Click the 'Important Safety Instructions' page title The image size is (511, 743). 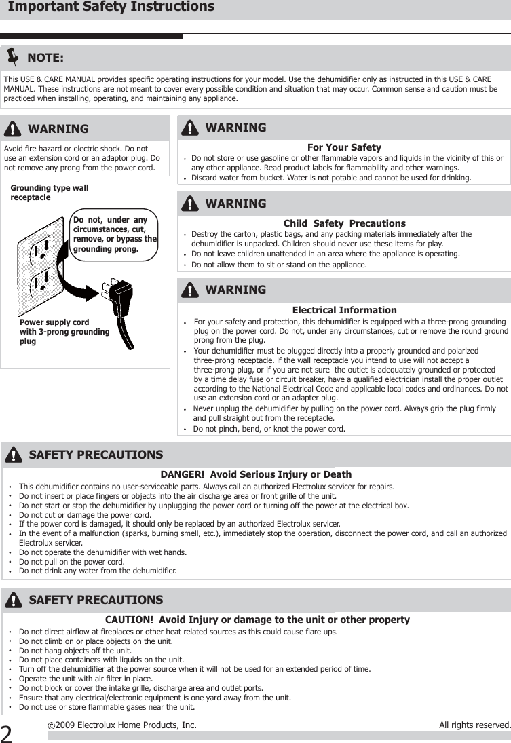111,7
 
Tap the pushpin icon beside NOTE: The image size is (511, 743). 13,57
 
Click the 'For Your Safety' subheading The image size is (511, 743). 344,147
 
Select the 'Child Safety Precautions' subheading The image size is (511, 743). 344,223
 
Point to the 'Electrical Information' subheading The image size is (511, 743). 344,310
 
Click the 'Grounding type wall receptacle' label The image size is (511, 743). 50,192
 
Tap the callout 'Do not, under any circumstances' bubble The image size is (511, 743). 115,234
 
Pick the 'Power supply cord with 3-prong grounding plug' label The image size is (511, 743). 64,332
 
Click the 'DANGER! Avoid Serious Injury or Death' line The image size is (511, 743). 256,474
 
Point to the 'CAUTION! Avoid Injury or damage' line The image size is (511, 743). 257,620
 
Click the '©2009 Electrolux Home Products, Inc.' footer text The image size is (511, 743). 122,725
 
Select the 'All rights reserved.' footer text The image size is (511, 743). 474,725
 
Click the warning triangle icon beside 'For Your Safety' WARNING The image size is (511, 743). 191,128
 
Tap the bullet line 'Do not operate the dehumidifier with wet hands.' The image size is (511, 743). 102,552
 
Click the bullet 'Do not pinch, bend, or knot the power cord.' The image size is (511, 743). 269,429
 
